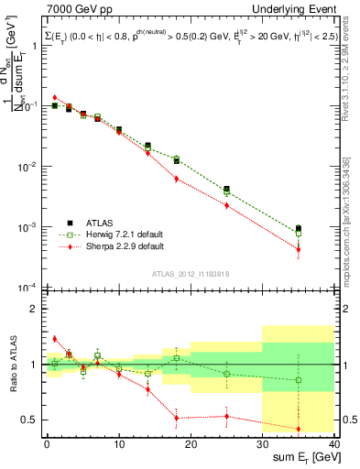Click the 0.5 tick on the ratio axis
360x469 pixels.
tap(30, 420)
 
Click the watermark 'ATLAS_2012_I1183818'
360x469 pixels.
tap(188, 273)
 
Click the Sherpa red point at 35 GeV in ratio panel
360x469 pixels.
tap(299, 429)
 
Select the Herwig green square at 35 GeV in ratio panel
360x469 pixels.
tap(299, 380)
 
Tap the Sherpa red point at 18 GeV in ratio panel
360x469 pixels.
tap(176, 418)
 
